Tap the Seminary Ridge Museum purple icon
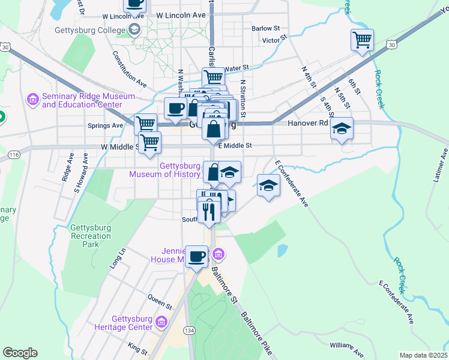pyautogui.click(x=33, y=98)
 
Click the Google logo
pyautogui.click(x=20, y=353)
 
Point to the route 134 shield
pyautogui.click(x=189, y=331)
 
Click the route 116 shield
pyautogui.click(x=13, y=155)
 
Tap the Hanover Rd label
pyautogui.click(x=308, y=123)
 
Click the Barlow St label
pyautogui.click(x=266, y=28)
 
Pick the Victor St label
pyautogui.click(x=272, y=41)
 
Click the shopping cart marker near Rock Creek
pyautogui.click(x=362, y=40)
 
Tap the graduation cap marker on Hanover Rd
pyautogui.click(x=342, y=128)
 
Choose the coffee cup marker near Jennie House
pyautogui.click(x=196, y=257)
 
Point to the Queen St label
pyautogui.click(x=160, y=301)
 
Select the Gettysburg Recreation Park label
pyautogui.click(x=91, y=232)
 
